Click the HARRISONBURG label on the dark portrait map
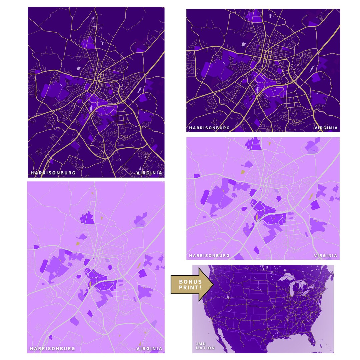pyautogui.click(x=53, y=173)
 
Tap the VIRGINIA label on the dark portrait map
pyautogui.click(x=149, y=173)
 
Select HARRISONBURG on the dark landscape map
pyautogui.click(x=209, y=128)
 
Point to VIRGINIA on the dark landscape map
pyautogui.click(x=326, y=128)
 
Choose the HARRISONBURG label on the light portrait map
pyautogui.click(x=52, y=349)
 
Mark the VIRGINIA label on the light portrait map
pyautogui.click(x=149, y=349)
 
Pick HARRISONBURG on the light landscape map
pyautogui.click(x=209, y=256)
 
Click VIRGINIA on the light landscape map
pyautogui.click(x=326, y=256)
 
